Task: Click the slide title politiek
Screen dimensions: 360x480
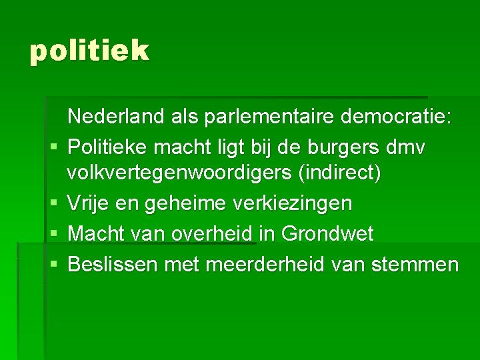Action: pos(89,51)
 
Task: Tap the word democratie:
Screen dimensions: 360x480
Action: pos(397,117)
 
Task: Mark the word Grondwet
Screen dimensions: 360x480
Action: pos(327,234)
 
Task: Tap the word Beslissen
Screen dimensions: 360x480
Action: pos(112,265)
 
